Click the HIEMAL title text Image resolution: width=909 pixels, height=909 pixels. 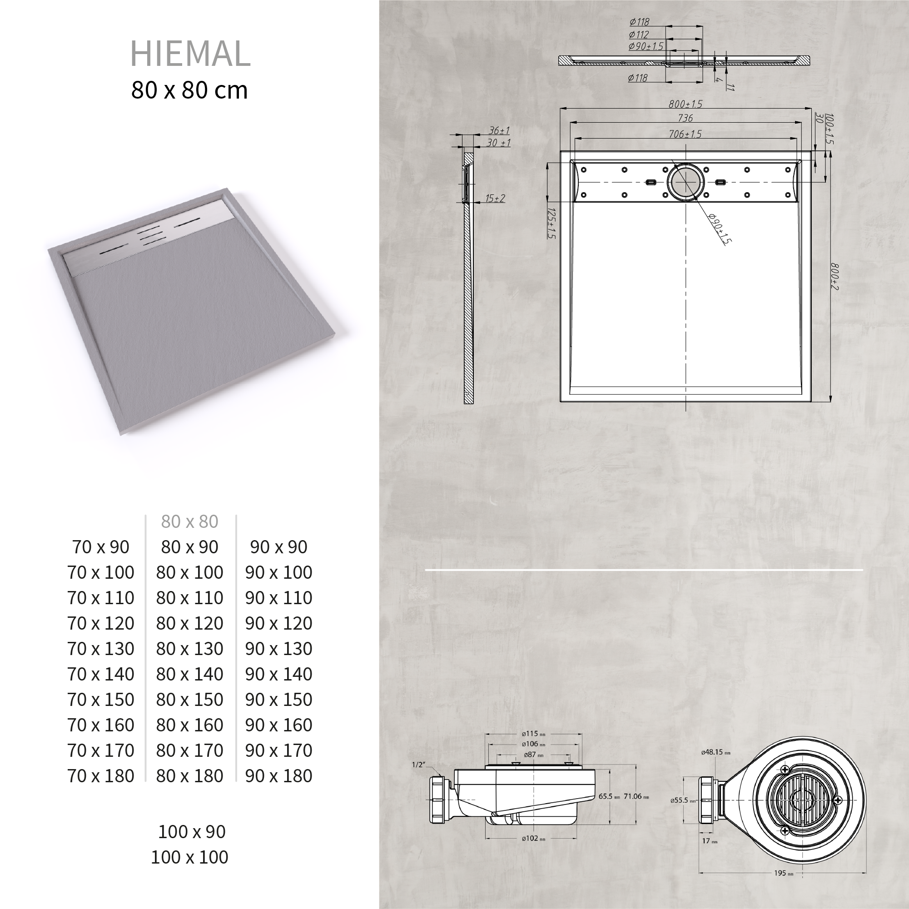coord(190,53)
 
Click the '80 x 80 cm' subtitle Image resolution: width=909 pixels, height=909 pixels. coord(189,90)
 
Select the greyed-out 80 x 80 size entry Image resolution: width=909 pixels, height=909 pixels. coord(189,522)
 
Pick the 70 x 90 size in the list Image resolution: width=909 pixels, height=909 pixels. coord(101,547)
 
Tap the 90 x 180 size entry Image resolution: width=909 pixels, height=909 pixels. coord(278,776)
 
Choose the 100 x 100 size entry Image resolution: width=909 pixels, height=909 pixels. coord(189,857)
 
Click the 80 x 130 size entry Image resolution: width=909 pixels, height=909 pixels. coord(189,649)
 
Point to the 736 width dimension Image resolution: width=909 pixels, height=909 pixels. coord(685,118)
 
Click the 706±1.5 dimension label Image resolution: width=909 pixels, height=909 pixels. coord(685,134)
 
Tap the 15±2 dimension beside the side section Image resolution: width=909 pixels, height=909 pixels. coord(495,198)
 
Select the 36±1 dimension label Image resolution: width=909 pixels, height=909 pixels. coord(499,130)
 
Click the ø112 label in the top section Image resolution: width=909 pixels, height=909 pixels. coord(639,35)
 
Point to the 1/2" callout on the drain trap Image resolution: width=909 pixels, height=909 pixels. coord(418,765)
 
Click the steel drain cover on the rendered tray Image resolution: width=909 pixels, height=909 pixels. coord(150,235)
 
